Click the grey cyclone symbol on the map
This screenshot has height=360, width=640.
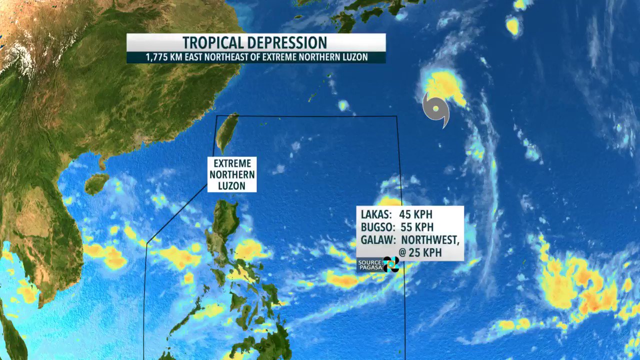(x=436, y=109)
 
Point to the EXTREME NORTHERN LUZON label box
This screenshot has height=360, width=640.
(x=232, y=174)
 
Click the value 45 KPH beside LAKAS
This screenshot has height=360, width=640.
(x=415, y=214)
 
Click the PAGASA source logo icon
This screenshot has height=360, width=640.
(x=390, y=264)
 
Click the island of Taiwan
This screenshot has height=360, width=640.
(x=227, y=132)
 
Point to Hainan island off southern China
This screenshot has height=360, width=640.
(x=96, y=183)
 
